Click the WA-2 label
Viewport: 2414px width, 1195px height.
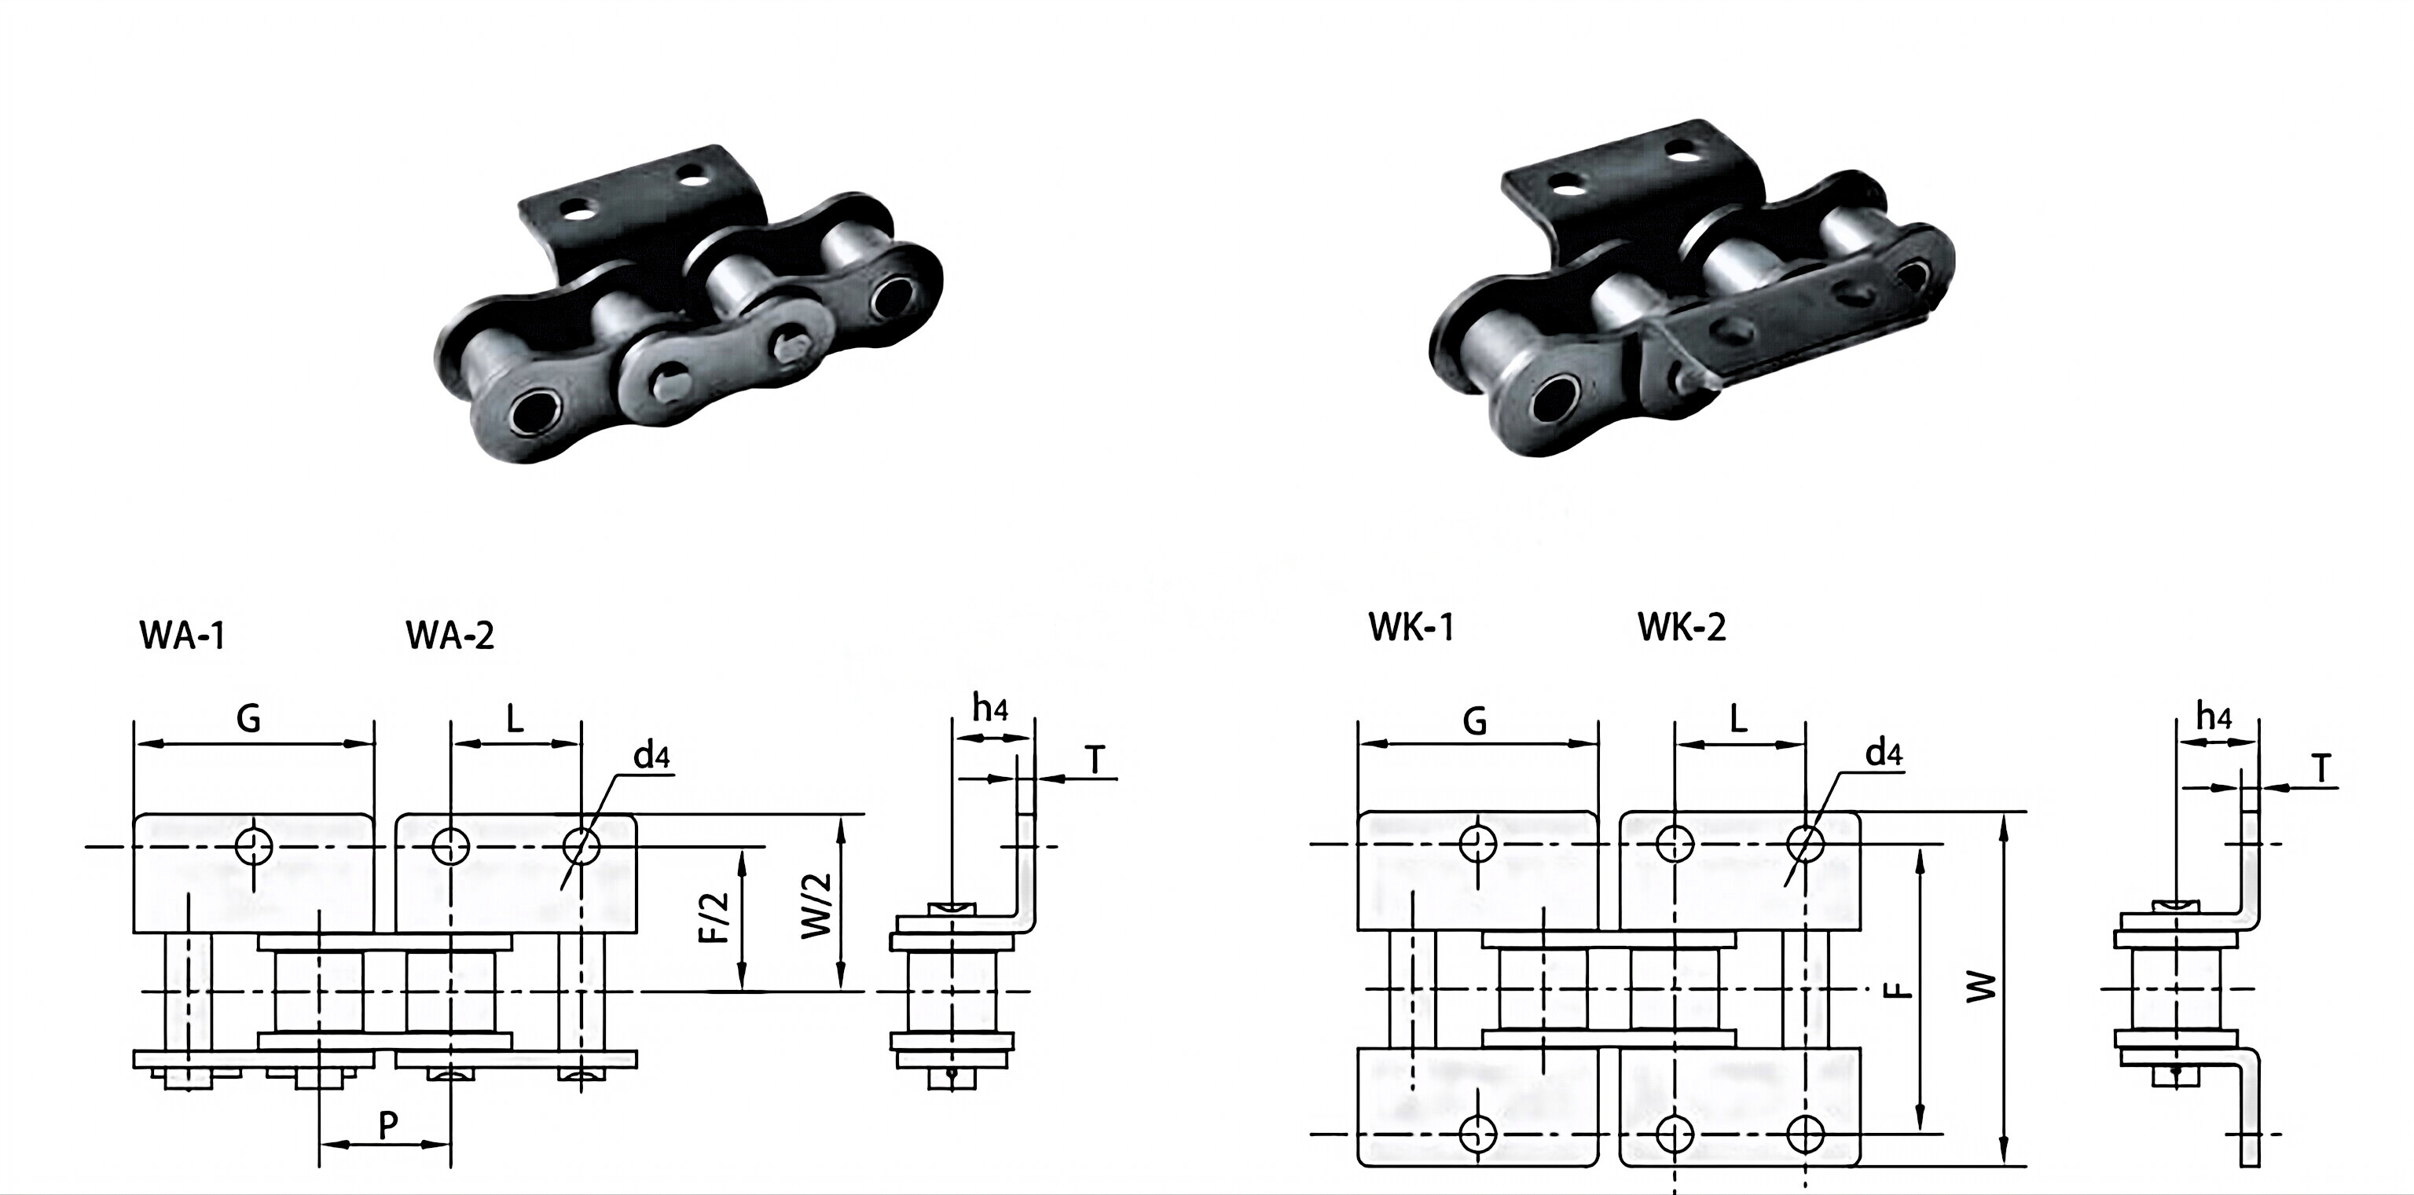449,636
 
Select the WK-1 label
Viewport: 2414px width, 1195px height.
1411,627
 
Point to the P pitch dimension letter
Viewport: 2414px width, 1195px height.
388,1126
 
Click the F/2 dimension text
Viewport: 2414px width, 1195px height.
716,918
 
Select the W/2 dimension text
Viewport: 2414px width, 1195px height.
817,905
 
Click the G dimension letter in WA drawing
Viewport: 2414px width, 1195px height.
248,719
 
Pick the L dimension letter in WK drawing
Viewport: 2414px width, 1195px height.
1738,719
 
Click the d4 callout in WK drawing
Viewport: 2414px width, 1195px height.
1884,753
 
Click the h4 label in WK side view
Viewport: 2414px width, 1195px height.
2214,718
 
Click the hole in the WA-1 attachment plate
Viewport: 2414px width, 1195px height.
254,847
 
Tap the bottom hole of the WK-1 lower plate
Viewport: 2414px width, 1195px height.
1479,1134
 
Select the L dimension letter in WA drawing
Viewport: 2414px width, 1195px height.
515,719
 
